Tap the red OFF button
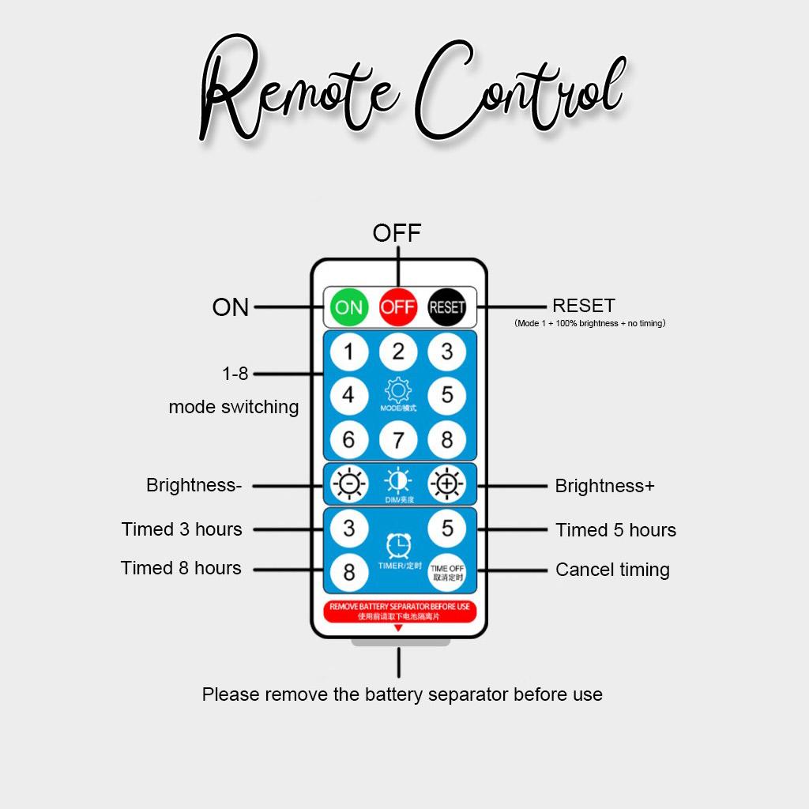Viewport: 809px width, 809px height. [398, 307]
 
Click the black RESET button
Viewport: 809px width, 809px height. [447, 307]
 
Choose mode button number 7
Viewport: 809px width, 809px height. [398, 439]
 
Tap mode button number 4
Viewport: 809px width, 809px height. [349, 394]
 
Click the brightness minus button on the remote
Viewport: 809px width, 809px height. [349, 484]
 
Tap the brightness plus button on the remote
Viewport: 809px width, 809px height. [447, 484]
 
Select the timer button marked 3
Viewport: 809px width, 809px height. [349, 528]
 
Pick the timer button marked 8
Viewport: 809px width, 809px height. [349, 571]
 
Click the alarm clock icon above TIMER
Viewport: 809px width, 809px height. [399, 545]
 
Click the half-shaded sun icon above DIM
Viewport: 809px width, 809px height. [398, 480]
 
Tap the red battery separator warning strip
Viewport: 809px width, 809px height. [399, 611]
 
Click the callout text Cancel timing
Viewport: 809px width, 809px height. [612, 570]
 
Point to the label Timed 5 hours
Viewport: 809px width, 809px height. [615, 530]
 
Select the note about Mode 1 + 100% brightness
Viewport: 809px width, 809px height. [589, 323]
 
